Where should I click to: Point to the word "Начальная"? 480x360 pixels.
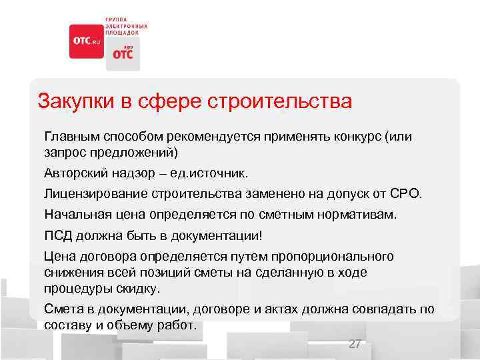(74, 215)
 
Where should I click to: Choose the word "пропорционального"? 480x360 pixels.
(333, 257)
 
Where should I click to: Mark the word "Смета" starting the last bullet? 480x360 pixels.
(61, 309)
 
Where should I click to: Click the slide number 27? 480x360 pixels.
(355, 344)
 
